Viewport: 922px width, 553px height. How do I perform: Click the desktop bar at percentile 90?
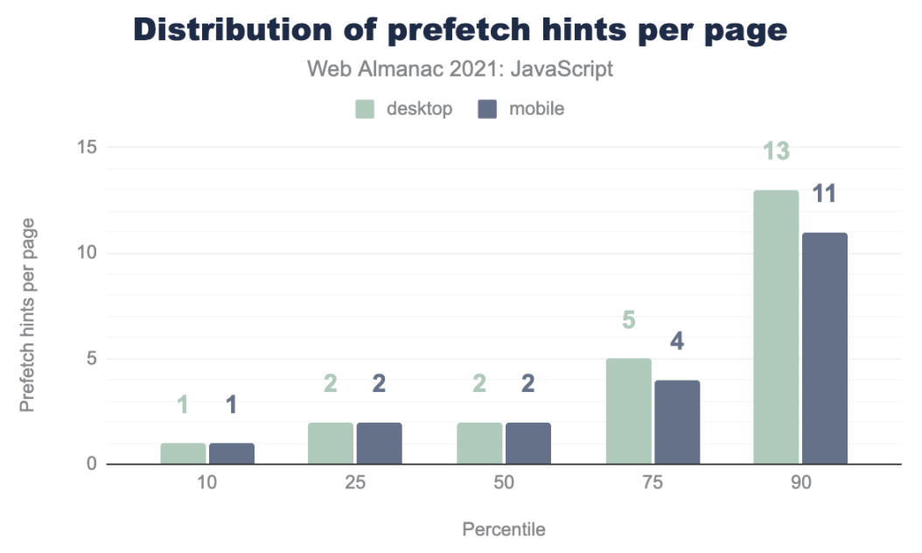coord(776,327)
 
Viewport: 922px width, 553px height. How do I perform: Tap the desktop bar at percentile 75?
coord(628,411)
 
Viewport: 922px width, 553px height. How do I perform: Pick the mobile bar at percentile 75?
coord(677,422)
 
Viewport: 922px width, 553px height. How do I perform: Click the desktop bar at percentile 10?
coord(183,453)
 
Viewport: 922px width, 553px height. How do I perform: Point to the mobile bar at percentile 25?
coord(379,443)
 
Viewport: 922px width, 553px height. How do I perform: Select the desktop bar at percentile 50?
coord(479,443)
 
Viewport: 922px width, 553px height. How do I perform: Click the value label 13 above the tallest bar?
coord(776,151)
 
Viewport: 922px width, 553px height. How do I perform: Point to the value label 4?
coord(677,341)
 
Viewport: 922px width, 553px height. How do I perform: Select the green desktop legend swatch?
coord(365,109)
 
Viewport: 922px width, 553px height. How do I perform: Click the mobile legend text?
coord(536,109)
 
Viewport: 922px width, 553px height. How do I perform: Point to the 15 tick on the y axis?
coord(85,147)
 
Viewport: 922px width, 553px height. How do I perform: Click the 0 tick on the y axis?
coord(90,464)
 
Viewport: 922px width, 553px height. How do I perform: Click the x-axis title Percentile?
coord(503,529)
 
